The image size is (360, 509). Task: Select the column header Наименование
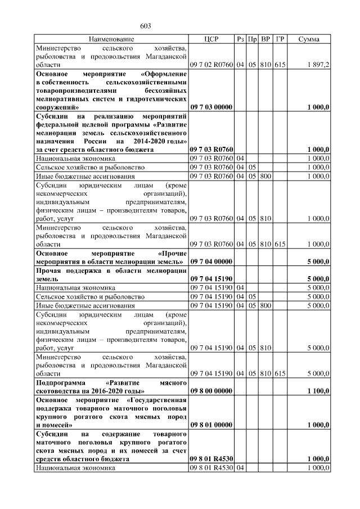tap(111, 39)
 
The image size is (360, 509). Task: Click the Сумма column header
tap(309, 39)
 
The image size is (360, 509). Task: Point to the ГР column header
tap(280, 39)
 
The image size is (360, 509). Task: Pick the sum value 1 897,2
tap(319, 65)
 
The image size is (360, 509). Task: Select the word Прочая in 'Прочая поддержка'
tap(49, 271)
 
